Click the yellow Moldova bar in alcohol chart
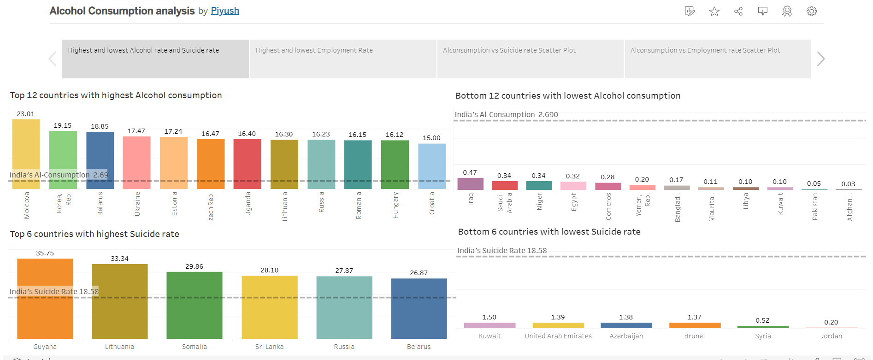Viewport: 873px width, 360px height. pyautogui.click(x=26, y=148)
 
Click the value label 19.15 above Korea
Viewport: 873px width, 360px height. pyautogui.click(x=63, y=125)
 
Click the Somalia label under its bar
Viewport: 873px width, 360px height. pyautogui.click(x=195, y=347)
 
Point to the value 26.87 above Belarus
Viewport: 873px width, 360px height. pyautogui.click(x=419, y=273)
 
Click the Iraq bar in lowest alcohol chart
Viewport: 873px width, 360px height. pyautogui.click(x=470, y=184)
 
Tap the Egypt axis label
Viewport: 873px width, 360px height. pyautogui.click(x=574, y=202)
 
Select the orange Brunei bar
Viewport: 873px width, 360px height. pyautogui.click(x=695, y=325)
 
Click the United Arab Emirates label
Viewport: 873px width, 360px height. pyautogui.click(x=558, y=336)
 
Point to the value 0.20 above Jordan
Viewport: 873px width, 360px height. pyautogui.click(x=831, y=322)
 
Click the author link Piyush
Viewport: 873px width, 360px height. pyautogui.click(x=225, y=11)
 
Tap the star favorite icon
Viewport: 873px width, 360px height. pyautogui.click(x=714, y=12)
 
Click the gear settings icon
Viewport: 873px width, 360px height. pyautogui.click(x=811, y=12)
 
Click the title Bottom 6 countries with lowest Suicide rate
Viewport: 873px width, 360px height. pyautogui.click(x=549, y=232)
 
